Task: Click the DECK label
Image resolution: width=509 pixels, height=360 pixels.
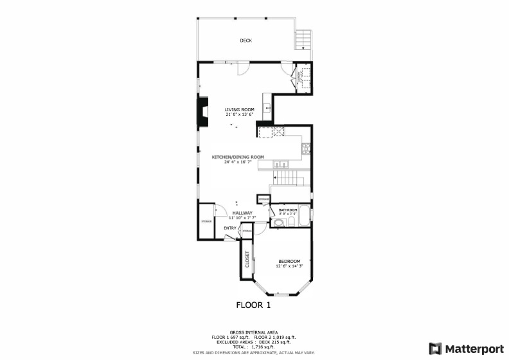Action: (x=246, y=40)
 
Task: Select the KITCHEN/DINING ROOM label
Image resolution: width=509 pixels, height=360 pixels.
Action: (x=238, y=157)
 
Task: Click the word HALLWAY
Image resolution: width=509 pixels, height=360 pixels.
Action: (x=242, y=213)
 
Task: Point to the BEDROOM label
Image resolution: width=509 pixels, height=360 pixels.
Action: (x=289, y=260)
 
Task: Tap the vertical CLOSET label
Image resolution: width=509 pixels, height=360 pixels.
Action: (x=247, y=259)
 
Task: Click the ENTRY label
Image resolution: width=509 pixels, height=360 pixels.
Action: (x=230, y=228)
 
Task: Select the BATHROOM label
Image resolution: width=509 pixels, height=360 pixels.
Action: (x=287, y=210)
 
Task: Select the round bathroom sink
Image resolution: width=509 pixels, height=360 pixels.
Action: (x=279, y=223)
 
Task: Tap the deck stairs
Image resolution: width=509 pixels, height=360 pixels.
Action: (x=303, y=40)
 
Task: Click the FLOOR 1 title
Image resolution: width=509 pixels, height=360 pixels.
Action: (x=254, y=305)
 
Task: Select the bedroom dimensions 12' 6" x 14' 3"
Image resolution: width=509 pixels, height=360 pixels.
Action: (x=289, y=265)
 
